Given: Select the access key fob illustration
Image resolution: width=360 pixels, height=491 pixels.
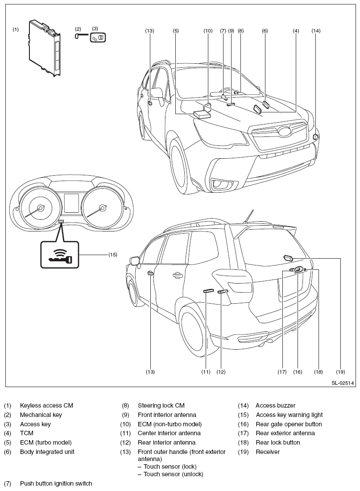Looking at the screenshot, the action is [98, 37].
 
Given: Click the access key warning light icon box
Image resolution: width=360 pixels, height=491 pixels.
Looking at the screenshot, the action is [59, 254].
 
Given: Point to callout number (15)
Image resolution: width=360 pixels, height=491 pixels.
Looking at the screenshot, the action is [113, 255].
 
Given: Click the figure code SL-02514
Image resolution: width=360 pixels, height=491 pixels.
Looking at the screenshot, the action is [343, 383].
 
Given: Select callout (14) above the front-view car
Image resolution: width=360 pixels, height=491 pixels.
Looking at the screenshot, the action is [316, 31].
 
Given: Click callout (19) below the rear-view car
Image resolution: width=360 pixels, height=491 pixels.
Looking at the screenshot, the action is [340, 371].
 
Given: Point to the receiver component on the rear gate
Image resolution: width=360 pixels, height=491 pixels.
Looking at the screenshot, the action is [288, 258].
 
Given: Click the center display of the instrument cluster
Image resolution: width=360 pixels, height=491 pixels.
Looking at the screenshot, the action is [71, 203].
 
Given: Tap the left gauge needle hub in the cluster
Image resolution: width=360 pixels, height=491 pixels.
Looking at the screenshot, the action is [41, 207].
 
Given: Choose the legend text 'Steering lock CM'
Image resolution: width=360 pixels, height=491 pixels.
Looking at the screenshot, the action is [161, 405].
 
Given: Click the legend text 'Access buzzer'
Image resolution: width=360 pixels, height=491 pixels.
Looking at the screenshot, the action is [275, 405].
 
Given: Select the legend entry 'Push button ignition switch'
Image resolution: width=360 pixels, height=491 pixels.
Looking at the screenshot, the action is [56, 483].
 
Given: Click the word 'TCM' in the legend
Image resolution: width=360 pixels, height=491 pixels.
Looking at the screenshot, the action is [27, 433].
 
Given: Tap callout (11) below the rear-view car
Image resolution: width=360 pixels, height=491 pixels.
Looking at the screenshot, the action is [206, 371].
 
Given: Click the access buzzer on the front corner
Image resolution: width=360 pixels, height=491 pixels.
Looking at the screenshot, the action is [316, 137].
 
